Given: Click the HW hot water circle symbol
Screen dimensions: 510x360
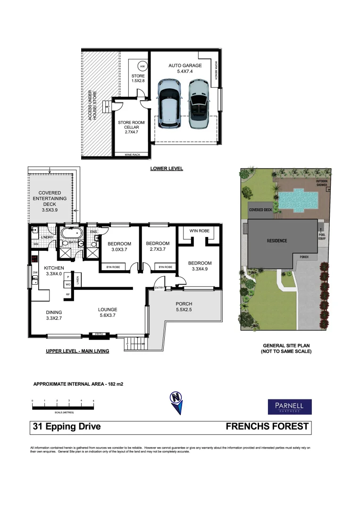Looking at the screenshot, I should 142,67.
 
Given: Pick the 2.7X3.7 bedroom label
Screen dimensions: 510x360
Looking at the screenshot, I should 158,247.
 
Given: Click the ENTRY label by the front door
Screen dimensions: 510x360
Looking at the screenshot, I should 159,288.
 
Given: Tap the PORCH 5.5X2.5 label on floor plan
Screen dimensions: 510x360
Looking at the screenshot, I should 184,306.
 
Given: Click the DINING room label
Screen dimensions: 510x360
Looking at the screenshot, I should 53,315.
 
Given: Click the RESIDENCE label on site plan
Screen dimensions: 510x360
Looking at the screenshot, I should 276,240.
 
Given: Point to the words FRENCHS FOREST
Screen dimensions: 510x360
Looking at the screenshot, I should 267,427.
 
